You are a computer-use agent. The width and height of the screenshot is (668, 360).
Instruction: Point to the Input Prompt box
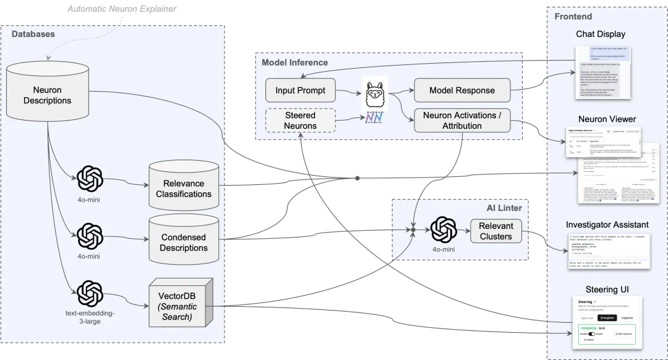[x=300, y=90]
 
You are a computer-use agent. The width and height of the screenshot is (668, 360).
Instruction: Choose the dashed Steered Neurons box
[x=300, y=121]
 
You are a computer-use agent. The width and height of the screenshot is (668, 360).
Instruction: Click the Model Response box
[x=462, y=90]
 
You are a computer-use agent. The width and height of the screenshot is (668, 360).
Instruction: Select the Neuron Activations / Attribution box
[x=462, y=121]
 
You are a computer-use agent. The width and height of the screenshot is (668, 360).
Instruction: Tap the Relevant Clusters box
[x=496, y=231]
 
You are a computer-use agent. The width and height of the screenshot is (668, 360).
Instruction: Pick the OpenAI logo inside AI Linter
[x=443, y=230]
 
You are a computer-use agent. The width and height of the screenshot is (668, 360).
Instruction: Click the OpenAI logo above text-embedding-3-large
[x=90, y=293]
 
